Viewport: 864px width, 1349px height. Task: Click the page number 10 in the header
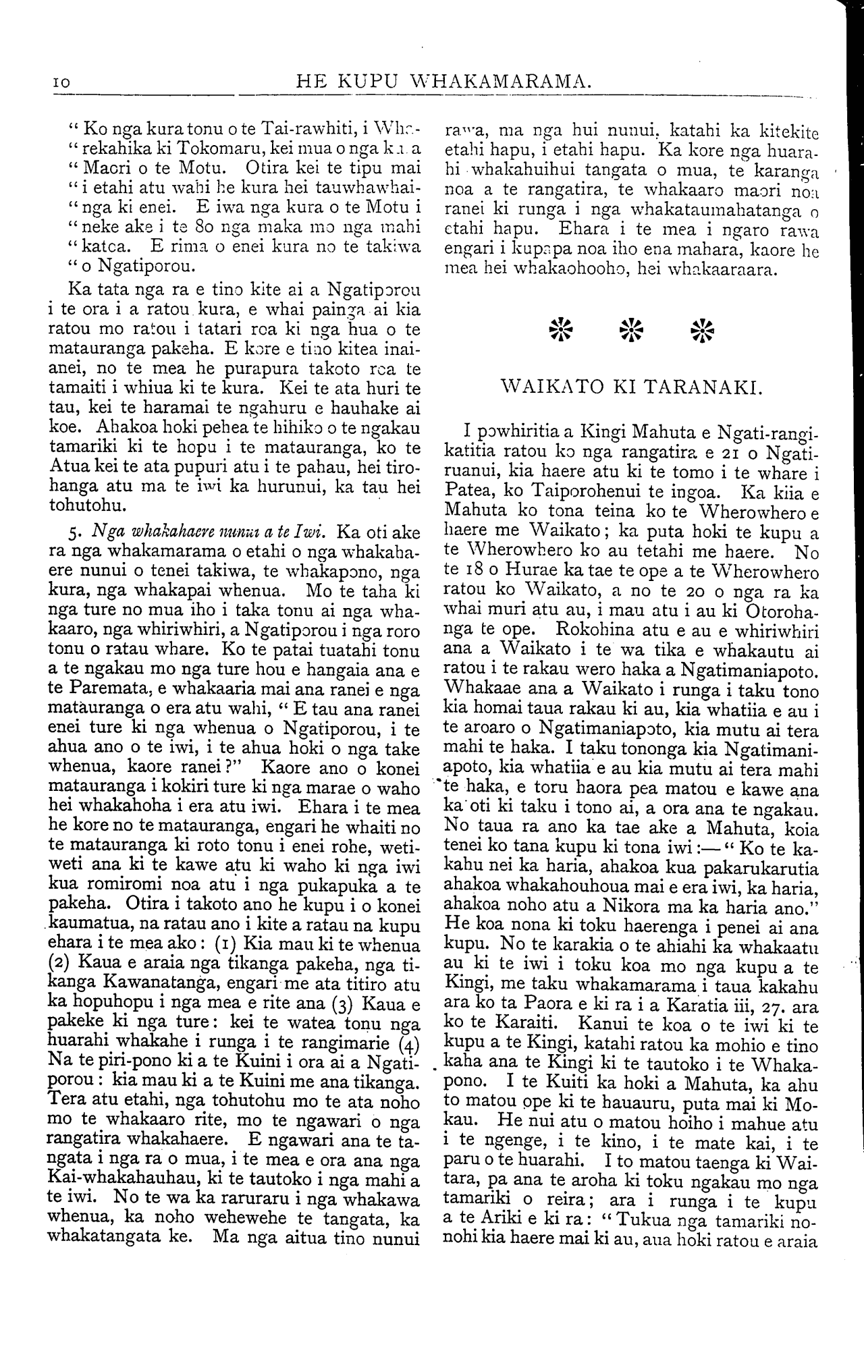(x=61, y=83)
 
